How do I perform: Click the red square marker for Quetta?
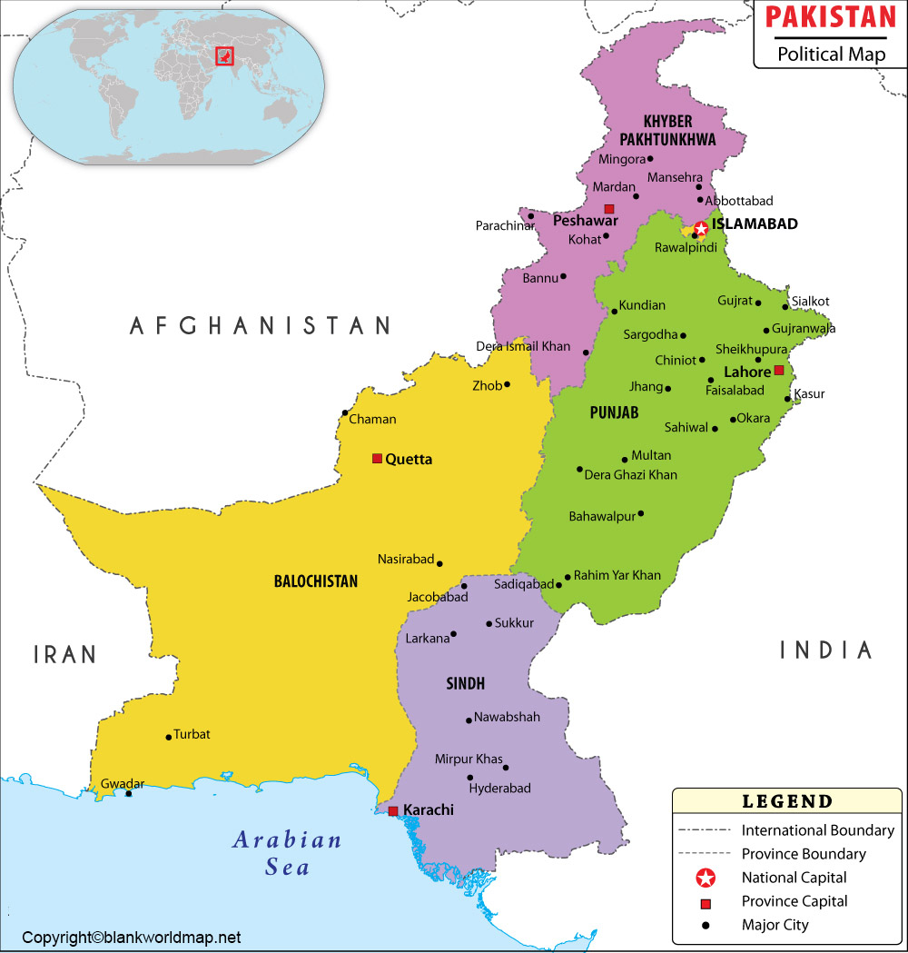pos(377,459)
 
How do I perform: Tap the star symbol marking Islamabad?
pos(700,228)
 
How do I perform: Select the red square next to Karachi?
pos(392,810)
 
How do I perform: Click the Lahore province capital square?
pos(778,371)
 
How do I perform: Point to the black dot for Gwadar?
pos(128,794)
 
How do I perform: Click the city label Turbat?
pos(192,734)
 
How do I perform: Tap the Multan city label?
pos(651,455)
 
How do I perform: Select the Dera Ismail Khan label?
pos(523,346)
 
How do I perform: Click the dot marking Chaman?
pos(345,413)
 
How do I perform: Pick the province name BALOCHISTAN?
pos(316,581)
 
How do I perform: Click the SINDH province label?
pos(465,683)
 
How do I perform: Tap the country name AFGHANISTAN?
pos(260,325)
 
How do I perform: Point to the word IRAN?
pos(64,654)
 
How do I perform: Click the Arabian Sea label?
pos(287,852)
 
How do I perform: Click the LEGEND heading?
pos(787,801)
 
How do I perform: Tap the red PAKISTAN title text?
pos(830,17)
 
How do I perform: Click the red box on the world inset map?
pos(223,56)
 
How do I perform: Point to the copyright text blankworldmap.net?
pos(132,938)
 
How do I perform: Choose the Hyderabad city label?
pos(499,789)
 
